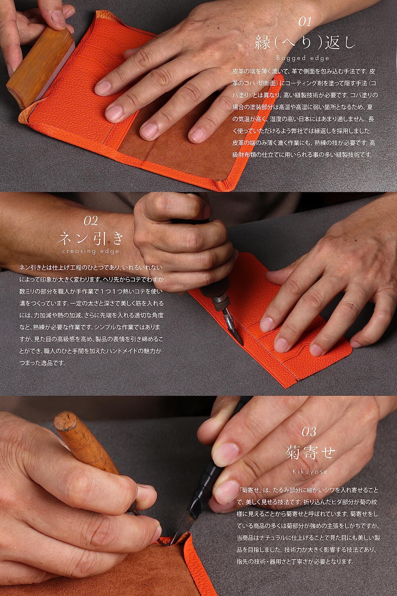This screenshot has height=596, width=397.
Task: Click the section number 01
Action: [305, 22]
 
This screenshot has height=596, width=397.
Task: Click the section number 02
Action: [91, 221]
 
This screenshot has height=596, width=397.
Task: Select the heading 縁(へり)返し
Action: [305, 42]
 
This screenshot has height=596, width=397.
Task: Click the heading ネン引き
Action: [91, 239]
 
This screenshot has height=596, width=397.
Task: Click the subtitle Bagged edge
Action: [303, 58]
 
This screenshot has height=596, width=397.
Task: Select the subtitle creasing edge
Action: [91, 251]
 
